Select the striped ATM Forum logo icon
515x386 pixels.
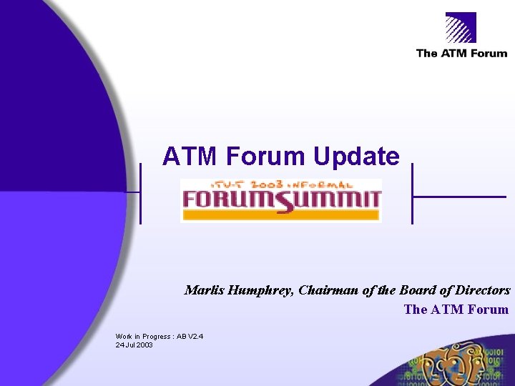[x=461, y=29]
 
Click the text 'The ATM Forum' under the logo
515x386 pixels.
[x=461, y=54]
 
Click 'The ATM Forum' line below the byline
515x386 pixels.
[x=456, y=310]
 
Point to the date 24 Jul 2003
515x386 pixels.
[x=134, y=345]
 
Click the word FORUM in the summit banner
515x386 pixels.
[x=227, y=198]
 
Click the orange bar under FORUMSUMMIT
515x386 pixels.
[x=281, y=214]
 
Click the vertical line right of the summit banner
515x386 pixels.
[x=413, y=193]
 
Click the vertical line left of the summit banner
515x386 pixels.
[x=140, y=193]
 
